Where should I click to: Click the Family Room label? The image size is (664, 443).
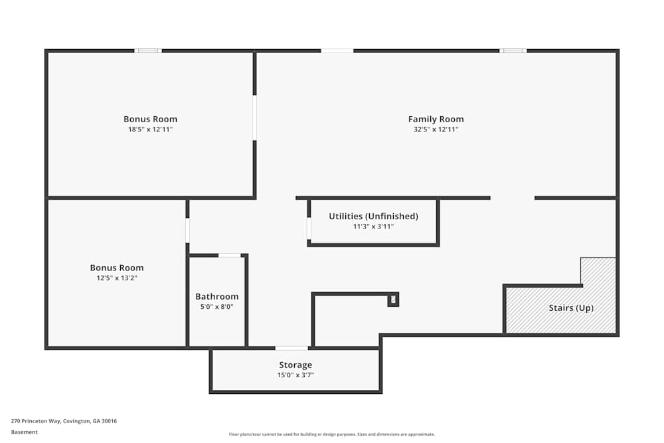tap(436, 119)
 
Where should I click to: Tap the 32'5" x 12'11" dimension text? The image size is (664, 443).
tap(436, 130)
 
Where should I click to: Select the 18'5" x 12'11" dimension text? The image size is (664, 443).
tap(150, 130)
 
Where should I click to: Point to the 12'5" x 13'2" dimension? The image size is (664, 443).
tap(117, 278)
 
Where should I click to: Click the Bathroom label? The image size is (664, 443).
tap(217, 296)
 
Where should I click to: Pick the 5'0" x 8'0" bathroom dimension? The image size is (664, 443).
tap(217, 307)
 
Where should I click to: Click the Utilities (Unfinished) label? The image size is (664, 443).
tap(373, 217)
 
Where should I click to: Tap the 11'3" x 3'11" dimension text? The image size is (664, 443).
tap(373, 226)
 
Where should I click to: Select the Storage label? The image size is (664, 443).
tap(295, 365)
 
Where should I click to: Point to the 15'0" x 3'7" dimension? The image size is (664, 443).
tap(295, 375)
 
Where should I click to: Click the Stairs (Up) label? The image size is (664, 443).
tap(571, 308)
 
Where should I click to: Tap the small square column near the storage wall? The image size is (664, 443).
tap(393, 300)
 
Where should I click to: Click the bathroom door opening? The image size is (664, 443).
tap(230, 256)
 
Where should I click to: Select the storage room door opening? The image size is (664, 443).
tap(291, 348)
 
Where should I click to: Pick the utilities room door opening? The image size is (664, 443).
tap(309, 228)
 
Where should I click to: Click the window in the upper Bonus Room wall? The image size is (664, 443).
tap(148, 51)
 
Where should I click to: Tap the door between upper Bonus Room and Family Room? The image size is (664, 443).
tap(254, 118)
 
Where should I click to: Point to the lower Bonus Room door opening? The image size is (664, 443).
tap(187, 230)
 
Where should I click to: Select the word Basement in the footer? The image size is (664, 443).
tap(24, 432)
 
